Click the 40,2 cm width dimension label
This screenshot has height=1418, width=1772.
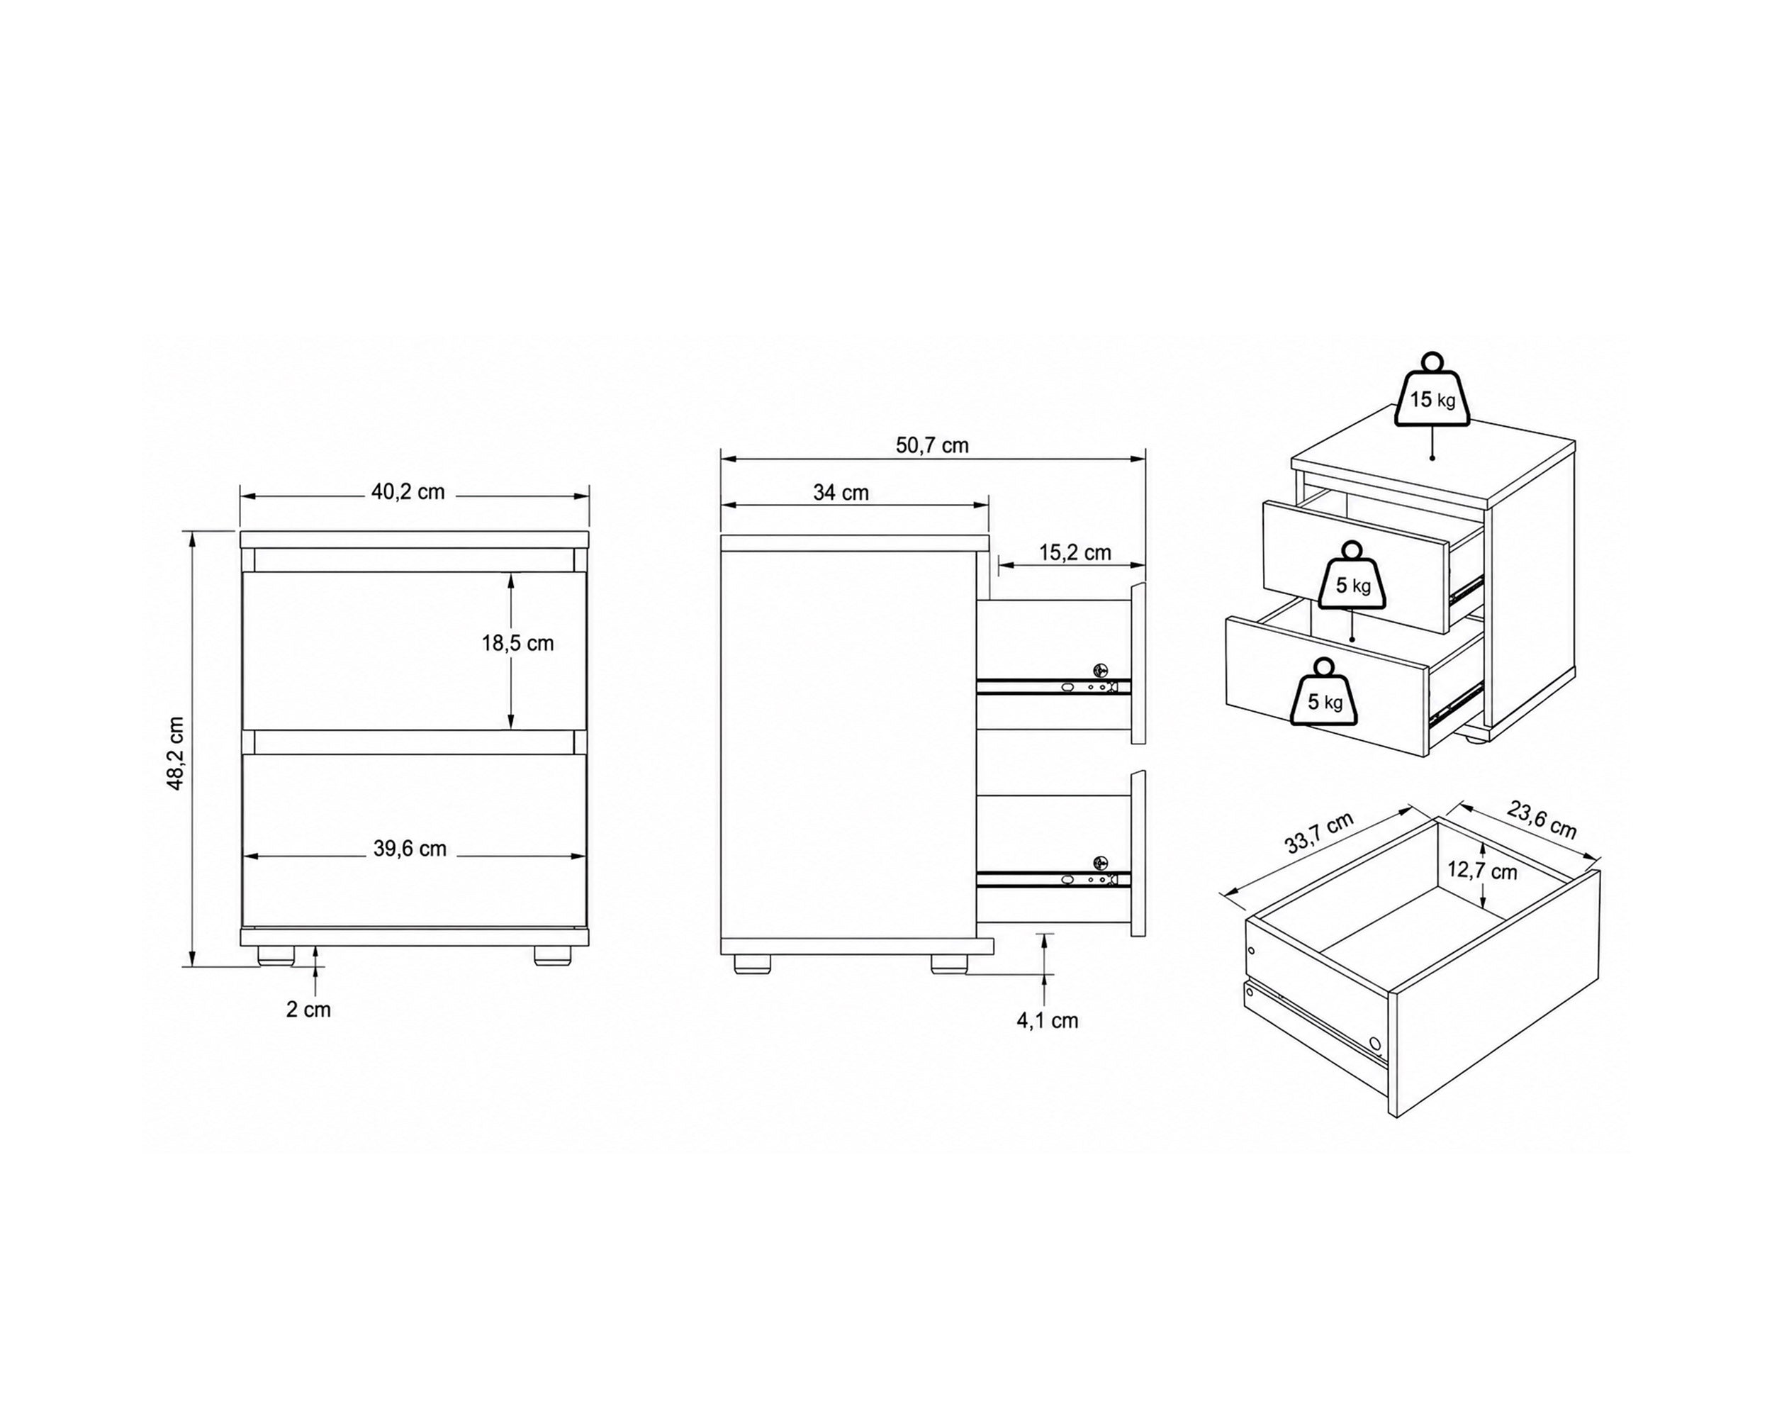(408, 492)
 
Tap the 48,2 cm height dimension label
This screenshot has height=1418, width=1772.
(175, 753)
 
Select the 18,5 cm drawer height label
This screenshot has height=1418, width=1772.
(518, 643)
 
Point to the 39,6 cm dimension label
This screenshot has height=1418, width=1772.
(410, 849)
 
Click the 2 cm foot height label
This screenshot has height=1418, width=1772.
(308, 1010)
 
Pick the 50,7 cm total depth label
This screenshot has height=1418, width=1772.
(932, 445)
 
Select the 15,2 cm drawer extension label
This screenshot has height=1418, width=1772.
(1075, 553)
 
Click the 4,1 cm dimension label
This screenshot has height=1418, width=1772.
(1047, 1021)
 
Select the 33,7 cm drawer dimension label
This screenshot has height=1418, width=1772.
(1319, 834)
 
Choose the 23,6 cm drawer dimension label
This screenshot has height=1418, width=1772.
(1542, 820)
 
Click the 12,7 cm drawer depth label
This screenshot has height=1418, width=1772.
(1482, 871)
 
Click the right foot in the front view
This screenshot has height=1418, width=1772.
(552, 955)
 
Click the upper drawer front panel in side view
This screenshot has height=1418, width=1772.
(1138, 664)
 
